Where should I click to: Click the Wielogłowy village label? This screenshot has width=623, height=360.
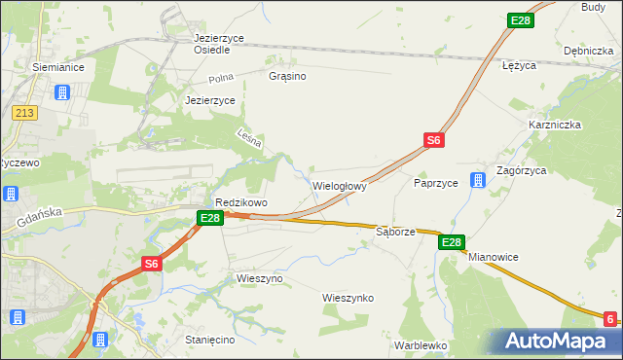coord(340,185)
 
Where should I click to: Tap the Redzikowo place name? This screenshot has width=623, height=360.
coord(241,202)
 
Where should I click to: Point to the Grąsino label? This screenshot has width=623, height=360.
coord(288,75)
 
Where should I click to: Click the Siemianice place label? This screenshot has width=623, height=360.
coord(58,68)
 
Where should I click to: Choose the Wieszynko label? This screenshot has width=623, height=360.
coord(348,298)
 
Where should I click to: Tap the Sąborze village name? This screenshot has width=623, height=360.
coord(396,233)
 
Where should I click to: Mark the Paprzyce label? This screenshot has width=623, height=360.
coord(436,182)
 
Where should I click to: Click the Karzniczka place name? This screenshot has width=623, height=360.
coord(555,125)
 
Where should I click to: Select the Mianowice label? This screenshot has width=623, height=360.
coord(494,257)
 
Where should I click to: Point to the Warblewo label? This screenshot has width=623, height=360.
coord(421,345)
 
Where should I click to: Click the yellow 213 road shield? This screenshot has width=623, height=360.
coord(24,114)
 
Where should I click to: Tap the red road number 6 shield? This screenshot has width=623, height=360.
coord(609,319)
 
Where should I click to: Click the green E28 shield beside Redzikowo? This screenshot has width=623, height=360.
coord(210,219)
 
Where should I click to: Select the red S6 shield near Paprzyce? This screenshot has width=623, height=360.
coord(434,141)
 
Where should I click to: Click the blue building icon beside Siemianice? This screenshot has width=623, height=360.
coord(62,93)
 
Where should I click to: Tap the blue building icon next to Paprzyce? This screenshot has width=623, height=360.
coord(477,181)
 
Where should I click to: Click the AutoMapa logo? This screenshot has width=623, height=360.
coord(559,341)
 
